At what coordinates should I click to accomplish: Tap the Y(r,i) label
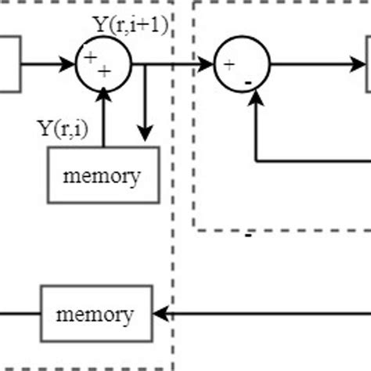(x=67, y=128)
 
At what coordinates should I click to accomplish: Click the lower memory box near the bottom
(x=95, y=315)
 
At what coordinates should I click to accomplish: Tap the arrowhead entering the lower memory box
(x=160, y=315)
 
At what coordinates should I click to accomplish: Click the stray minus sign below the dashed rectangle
(x=248, y=235)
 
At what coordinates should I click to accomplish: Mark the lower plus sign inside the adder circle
(x=105, y=71)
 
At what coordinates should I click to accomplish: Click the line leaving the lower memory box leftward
(x=20, y=315)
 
